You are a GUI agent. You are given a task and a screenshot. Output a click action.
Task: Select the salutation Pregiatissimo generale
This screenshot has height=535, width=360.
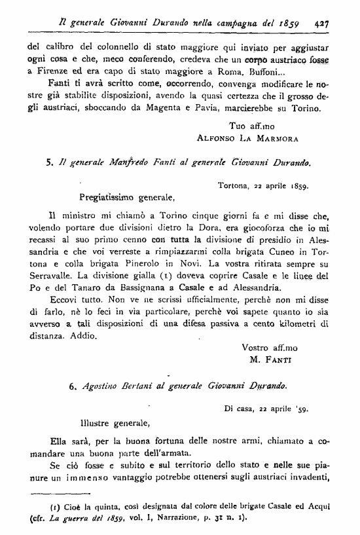[126, 195]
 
